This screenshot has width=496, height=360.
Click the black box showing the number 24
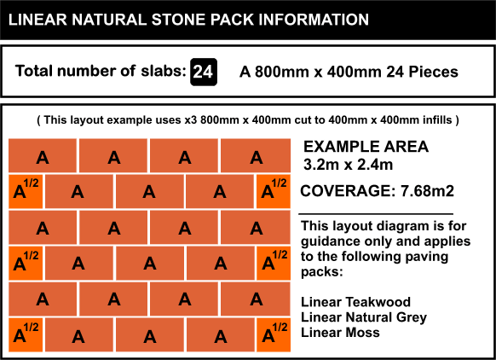204,72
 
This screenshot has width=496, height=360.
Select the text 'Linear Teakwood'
355,302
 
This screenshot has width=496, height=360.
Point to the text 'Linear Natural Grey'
364,317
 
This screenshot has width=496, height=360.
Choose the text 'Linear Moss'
340,333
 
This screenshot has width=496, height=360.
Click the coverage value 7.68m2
427,191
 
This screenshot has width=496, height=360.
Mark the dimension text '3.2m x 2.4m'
348,165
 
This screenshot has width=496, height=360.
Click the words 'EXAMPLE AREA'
366,147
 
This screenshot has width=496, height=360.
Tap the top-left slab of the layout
43,155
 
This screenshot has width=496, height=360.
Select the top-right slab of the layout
256,155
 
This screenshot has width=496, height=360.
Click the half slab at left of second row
26,192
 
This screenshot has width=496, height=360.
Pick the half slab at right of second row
274,192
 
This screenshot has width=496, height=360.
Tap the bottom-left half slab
26,335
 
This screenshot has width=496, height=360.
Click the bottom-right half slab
274,335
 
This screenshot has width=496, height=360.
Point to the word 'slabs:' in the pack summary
164,71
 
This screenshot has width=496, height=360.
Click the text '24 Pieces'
422,72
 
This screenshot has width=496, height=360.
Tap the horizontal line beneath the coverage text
376,214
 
